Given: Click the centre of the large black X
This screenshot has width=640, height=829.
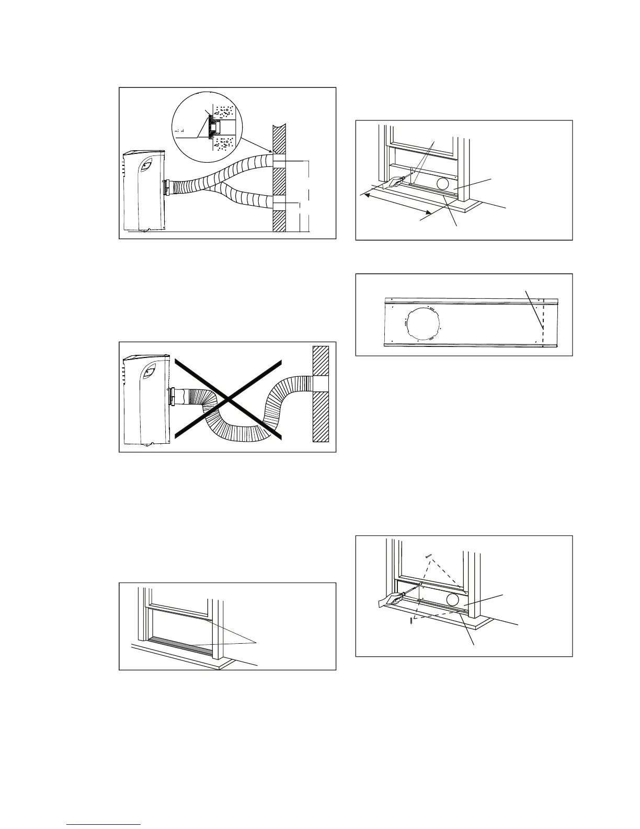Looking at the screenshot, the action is tap(227, 399).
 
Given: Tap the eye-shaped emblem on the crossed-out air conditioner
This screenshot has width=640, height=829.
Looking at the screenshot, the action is tap(148, 372).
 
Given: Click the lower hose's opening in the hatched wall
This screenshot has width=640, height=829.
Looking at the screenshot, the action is tap(279, 203).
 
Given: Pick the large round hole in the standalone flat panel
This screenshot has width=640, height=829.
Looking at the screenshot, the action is tap(422, 324).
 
